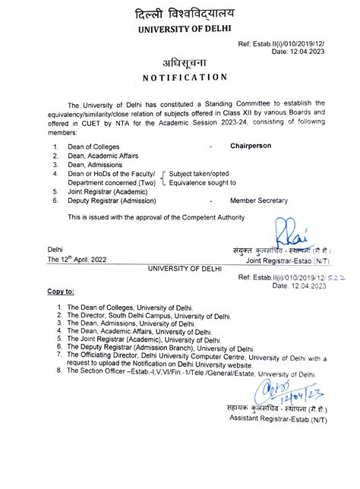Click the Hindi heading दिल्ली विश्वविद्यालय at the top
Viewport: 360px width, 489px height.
pos(179,13)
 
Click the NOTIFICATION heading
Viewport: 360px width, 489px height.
pos(179,77)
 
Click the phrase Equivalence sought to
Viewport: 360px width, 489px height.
pos(204,182)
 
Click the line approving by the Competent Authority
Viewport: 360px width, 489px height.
pos(157,218)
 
